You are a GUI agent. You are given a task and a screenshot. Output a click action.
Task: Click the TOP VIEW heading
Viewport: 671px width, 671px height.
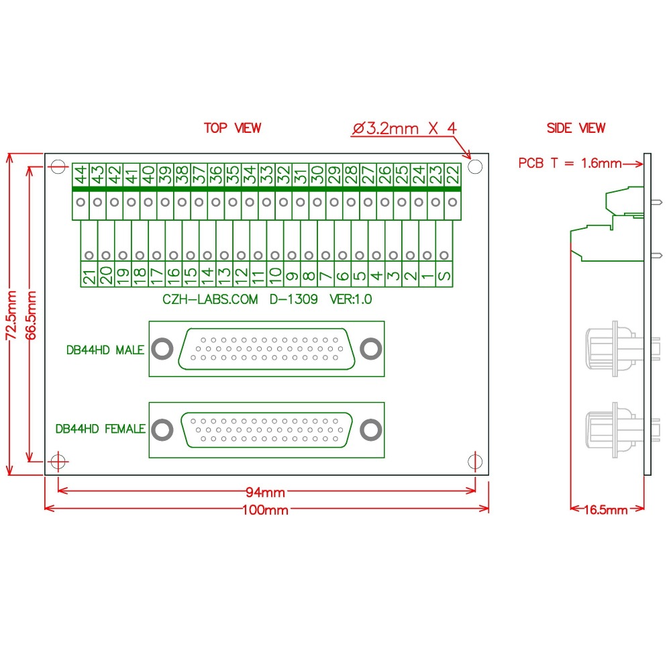pyautogui.click(x=232, y=127)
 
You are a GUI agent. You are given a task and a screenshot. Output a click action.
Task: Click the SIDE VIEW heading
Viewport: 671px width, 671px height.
pyautogui.click(x=576, y=127)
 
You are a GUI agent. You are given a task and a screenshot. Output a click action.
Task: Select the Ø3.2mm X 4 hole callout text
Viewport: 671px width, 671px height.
pyautogui.click(x=404, y=128)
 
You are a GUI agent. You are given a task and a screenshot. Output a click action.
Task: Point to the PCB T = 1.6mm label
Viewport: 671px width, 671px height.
pyautogui.click(x=569, y=163)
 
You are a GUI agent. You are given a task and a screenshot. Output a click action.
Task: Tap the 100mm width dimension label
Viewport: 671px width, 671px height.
pyautogui.click(x=266, y=510)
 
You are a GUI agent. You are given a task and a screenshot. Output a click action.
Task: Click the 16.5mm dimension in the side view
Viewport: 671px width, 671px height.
pyautogui.click(x=605, y=510)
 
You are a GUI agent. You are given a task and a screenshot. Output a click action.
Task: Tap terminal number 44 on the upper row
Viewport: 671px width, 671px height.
pyautogui.click(x=81, y=176)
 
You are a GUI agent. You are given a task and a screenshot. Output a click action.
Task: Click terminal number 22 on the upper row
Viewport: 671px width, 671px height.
pyautogui.click(x=453, y=176)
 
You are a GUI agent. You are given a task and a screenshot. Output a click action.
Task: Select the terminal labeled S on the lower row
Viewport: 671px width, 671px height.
pyautogui.click(x=444, y=276)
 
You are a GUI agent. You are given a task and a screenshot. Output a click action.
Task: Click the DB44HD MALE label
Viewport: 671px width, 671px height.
pyautogui.click(x=105, y=350)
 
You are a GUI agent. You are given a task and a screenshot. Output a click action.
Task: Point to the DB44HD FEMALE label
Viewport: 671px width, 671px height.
pyautogui.click(x=100, y=429)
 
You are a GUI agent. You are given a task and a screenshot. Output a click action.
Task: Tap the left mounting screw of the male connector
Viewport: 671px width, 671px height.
pyautogui.click(x=162, y=349)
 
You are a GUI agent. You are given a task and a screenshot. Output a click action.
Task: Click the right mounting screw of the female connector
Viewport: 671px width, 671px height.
pyautogui.click(x=370, y=429)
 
